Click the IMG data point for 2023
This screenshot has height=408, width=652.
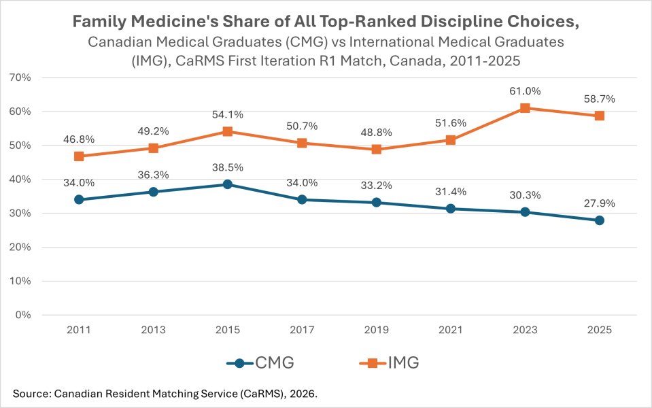point(525,108)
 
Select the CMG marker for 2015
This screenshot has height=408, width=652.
point(228,184)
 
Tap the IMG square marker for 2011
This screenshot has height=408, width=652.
point(79,156)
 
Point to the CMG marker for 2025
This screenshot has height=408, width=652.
point(599,220)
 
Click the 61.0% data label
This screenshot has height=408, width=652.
point(525,91)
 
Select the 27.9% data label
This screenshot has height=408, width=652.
point(599,203)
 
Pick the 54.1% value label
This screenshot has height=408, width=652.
point(228,114)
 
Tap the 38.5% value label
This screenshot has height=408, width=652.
point(228,167)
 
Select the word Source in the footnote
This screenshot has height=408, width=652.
point(29,394)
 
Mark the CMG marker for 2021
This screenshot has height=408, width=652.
point(451,209)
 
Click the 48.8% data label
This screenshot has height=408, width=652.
point(376,133)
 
